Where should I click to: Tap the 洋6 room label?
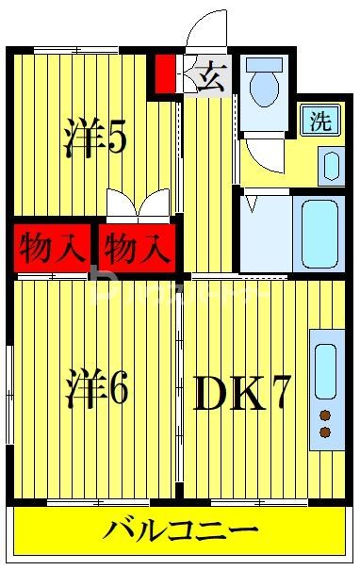point(96,391)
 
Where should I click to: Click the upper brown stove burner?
point(325,415)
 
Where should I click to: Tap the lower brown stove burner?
point(325,432)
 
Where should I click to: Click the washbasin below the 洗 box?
point(330,166)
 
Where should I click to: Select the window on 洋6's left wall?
point(8,381)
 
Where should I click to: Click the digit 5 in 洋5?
point(118,138)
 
